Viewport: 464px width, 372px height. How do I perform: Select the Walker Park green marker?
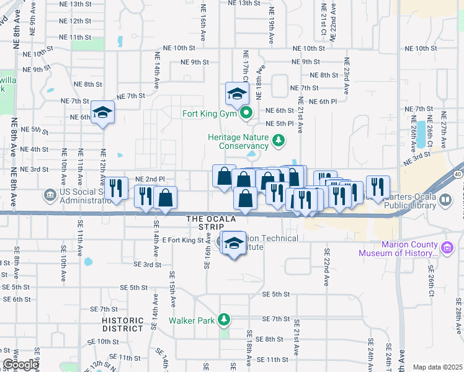[224, 321]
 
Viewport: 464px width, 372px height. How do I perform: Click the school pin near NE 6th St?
[103, 112]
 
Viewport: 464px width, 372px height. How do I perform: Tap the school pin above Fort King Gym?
[237, 94]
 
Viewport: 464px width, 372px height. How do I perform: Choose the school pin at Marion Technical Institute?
[234, 243]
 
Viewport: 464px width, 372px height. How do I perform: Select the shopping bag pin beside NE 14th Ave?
[166, 197]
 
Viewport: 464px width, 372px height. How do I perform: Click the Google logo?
[20, 365]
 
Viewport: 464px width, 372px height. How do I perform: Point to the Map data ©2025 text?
[437, 367]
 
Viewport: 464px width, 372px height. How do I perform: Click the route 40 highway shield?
[458, 175]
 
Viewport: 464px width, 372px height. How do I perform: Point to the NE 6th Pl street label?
[323, 101]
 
